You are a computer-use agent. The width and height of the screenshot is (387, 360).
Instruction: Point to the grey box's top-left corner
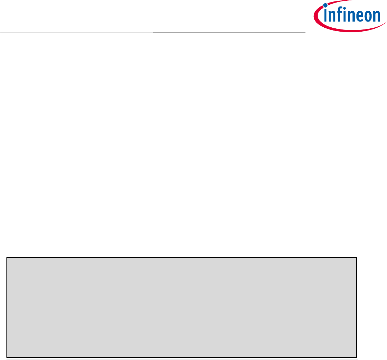(7, 258)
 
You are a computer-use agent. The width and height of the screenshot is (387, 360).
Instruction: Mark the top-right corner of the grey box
(356, 258)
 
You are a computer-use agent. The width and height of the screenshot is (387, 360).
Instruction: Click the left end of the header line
(1, 33)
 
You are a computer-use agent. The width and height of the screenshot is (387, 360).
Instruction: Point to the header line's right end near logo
(304, 33)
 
